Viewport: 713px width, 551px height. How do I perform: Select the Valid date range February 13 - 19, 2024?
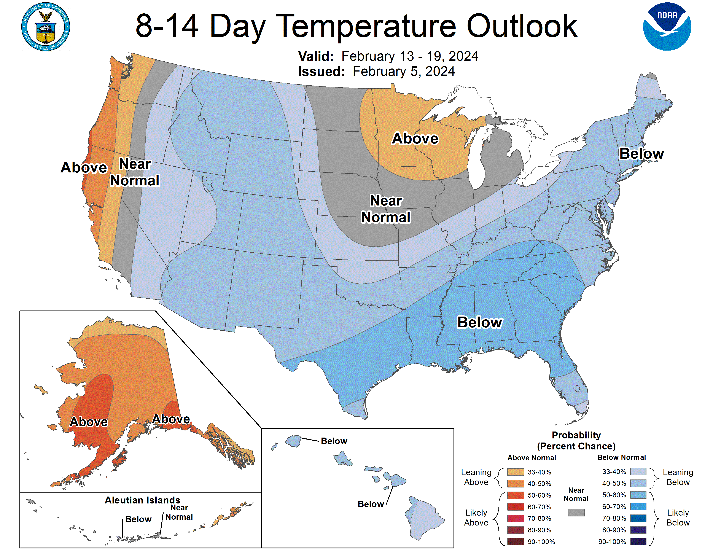tap(410, 56)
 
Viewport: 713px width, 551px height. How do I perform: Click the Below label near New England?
tap(641, 153)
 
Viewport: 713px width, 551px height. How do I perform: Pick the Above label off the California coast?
tap(84, 167)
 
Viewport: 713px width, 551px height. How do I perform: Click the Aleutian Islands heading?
tap(142, 500)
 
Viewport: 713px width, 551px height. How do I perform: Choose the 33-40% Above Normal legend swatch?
tap(516, 472)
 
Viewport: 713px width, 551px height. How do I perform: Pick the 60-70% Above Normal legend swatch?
tap(516, 507)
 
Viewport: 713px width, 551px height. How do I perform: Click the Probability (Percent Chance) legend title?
tap(576, 441)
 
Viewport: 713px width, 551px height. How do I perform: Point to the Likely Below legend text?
tap(678, 518)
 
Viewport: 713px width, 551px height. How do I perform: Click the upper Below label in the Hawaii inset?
tap(334, 441)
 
